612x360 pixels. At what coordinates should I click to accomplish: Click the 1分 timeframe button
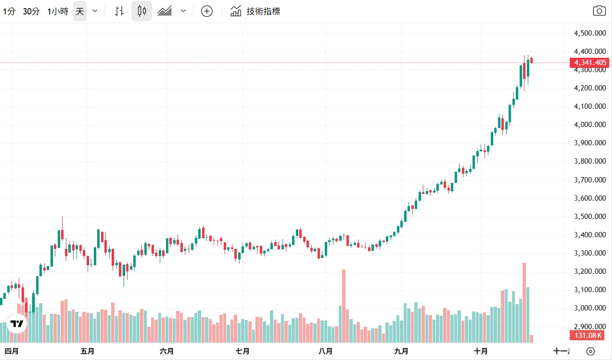click(x=9, y=12)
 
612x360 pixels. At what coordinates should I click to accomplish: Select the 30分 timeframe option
click(x=31, y=12)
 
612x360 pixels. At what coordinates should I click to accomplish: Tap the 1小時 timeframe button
click(x=58, y=12)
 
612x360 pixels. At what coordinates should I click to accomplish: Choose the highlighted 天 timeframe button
click(x=80, y=12)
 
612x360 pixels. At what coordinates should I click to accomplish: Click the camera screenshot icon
click(x=599, y=11)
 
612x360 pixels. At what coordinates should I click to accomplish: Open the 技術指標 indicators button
click(x=255, y=12)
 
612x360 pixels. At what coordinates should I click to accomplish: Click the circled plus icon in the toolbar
click(x=206, y=12)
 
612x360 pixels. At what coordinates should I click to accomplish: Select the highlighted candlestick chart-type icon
click(x=141, y=11)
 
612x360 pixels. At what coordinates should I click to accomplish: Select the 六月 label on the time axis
click(x=166, y=351)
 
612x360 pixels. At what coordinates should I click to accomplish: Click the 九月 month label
click(x=401, y=351)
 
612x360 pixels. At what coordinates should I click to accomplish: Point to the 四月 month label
click(x=11, y=351)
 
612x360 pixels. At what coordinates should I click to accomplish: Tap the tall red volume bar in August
click(x=344, y=306)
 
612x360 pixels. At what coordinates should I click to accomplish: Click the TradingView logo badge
click(x=17, y=324)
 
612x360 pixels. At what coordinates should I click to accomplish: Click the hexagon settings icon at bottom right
click(x=591, y=351)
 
